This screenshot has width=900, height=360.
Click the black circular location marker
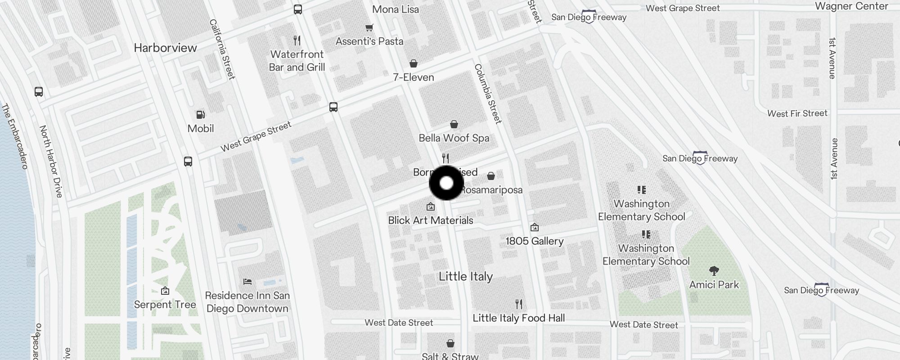pyautogui.click(x=446, y=183)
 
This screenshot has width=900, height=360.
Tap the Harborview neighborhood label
pyautogui.click(x=165, y=48)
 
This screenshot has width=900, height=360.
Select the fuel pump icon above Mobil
pyautogui.click(x=201, y=115)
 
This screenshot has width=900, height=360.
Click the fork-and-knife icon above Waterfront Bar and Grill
pyautogui.click(x=297, y=40)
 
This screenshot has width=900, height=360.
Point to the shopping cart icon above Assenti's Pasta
pyautogui.click(x=369, y=28)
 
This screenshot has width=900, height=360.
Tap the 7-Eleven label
pyautogui.click(x=414, y=77)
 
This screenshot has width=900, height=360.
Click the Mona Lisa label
pyautogui.click(x=396, y=9)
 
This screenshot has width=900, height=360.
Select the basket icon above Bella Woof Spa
pyautogui.click(x=454, y=124)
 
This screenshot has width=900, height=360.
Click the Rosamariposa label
pyautogui.click(x=491, y=190)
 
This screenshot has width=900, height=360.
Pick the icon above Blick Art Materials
pyautogui.click(x=431, y=207)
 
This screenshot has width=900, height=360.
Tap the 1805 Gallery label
pyautogui.click(x=535, y=241)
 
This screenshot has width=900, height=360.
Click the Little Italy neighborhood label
pyautogui.click(x=466, y=276)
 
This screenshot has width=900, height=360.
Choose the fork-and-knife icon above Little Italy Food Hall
pyautogui.click(x=519, y=304)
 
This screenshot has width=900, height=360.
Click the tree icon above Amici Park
pyautogui.click(x=714, y=270)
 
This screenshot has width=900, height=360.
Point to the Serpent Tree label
pyautogui.click(x=165, y=305)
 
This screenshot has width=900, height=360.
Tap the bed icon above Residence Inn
pyautogui.click(x=247, y=282)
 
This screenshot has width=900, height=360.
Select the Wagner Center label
pyautogui.click(x=851, y=6)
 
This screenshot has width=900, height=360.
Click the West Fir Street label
pyautogui.click(x=797, y=113)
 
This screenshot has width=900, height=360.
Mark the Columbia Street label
pyautogui.click(x=488, y=94)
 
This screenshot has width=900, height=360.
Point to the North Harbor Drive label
pyautogui.click(x=51, y=162)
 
